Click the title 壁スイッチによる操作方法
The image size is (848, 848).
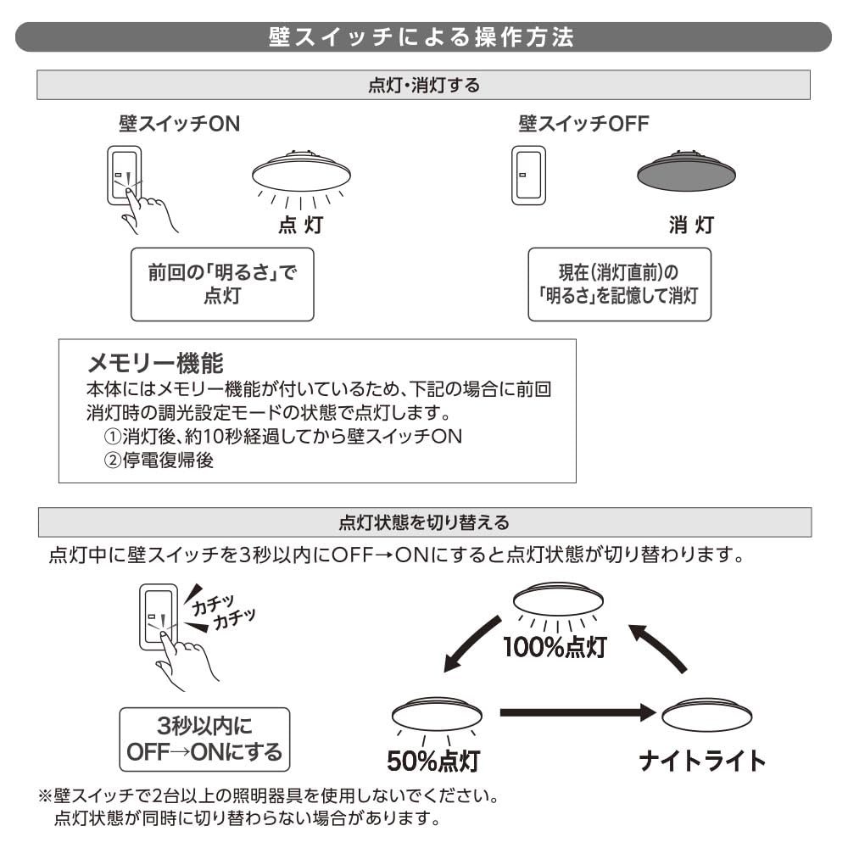coord(422,38)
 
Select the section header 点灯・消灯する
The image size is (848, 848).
coord(423,85)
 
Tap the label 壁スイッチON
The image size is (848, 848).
coord(179,124)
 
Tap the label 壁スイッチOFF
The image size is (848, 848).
coord(583,124)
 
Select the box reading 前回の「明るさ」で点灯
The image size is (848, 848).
coord(222,284)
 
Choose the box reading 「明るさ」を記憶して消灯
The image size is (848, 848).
coord(619,284)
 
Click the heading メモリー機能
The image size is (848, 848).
coord(156,365)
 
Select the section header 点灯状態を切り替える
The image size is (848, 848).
coord(423,522)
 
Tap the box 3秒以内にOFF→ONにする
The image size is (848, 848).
coord(204,739)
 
